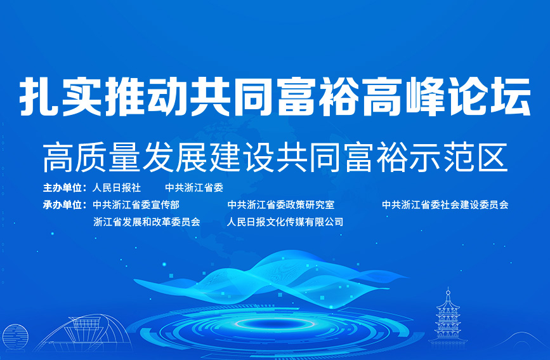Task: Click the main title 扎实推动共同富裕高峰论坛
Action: pyautogui.click(x=275, y=97)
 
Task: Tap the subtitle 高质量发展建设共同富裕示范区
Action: pyautogui.click(x=275, y=157)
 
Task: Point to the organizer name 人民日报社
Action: pyautogui.click(x=117, y=188)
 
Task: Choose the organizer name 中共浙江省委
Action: pyautogui.click(x=194, y=188)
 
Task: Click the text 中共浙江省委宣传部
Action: pyautogui.click(x=136, y=204)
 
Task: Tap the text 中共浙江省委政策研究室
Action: pyautogui.click(x=281, y=204)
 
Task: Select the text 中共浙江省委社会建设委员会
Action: pyautogui.click(x=445, y=204)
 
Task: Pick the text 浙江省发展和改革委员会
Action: pyautogui.click(x=147, y=222)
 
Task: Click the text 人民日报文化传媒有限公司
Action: pyautogui.click(x=285, y=222)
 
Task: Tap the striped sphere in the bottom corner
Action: pyautogui.click(x=15, y=337)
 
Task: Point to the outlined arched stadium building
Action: pyautogui.click(x=84, y=332)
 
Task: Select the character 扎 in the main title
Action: pyautogui.click(x=38, y=97)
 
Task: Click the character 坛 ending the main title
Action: pyautogui.click(x=511, y=97)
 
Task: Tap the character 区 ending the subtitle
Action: pyautogui.click(x=494, y=157)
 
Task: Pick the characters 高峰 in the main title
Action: pyautogui.click(x=404, y=97)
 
